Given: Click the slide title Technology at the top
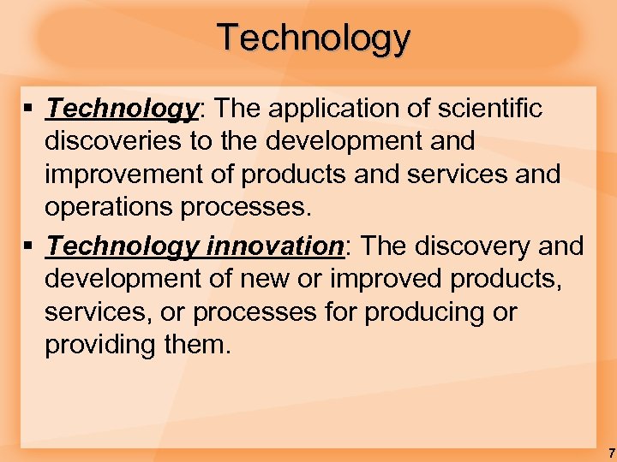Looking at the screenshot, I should click(x=314, y=38).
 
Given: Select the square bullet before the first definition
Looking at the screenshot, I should click(x=29, y=110).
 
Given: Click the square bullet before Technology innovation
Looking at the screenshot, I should click(x=29, y=247).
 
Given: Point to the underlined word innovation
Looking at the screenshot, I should click(x=273, y=246).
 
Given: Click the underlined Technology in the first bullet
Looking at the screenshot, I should click(x=123, y=110).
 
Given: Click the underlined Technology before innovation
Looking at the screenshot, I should click(x=123, y=246).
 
